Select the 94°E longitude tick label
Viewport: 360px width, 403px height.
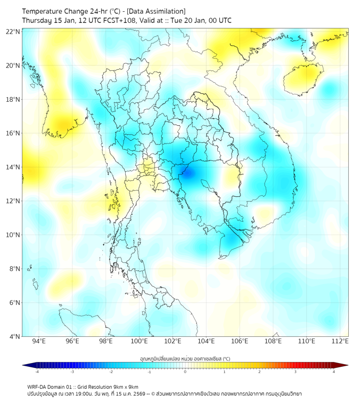tap(39, 341)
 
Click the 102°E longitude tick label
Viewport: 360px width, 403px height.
tap(173, 341)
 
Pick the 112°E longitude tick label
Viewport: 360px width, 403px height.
tap(340, 341)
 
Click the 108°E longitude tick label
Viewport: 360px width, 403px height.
tap(273, 341)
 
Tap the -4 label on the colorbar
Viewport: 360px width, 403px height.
tap(37, 372)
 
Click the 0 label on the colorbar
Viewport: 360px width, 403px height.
tap(185, 372)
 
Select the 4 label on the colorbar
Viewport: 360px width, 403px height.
tap(334, 372)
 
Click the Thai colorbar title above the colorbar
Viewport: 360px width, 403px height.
tap(185, 358)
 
